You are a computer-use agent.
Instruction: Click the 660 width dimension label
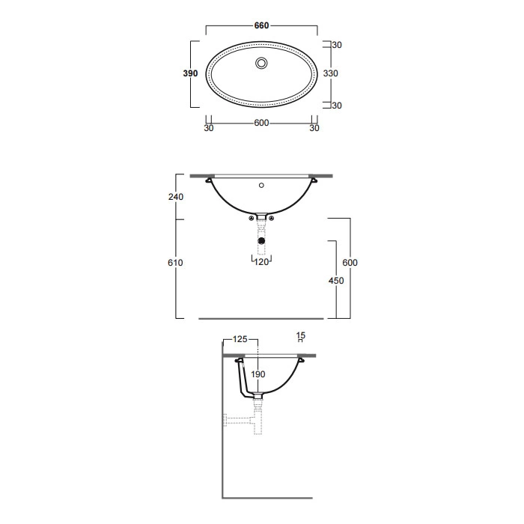[x=261, y=25]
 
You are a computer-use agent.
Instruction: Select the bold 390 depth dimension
[x=190, y=73]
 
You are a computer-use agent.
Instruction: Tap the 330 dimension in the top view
[x=331, y=73]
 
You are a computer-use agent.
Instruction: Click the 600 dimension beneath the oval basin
[x=261, y=123]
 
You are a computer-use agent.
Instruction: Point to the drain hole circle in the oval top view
[x=261, y=63]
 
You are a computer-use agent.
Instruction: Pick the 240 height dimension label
[x=176, y=197]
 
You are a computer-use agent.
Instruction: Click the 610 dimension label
[x=175, y=263]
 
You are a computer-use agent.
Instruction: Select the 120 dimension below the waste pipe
[x=261, y=262]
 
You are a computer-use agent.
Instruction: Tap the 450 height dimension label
[x=336, y=281]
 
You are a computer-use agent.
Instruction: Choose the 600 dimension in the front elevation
[x=350, y=263]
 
